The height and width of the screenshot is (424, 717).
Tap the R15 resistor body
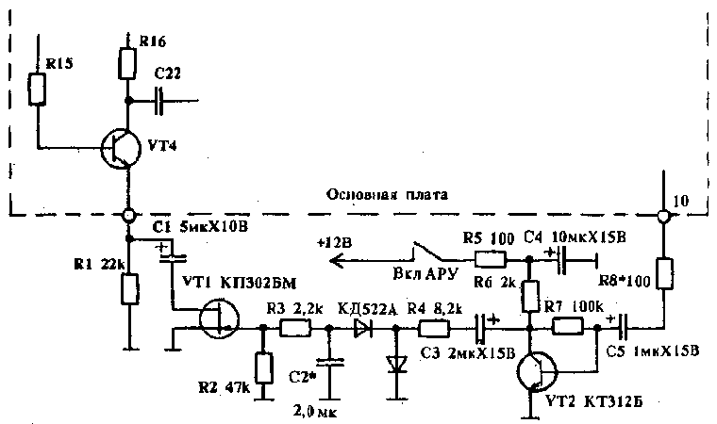(37, 90)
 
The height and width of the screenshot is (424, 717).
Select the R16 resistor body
(127, 63)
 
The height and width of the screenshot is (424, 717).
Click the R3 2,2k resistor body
(294, 328)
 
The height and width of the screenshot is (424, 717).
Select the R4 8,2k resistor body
(436, 328)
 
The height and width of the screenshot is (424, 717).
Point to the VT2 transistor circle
(537, 369)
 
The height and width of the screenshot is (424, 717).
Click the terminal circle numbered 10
(663, 217)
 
